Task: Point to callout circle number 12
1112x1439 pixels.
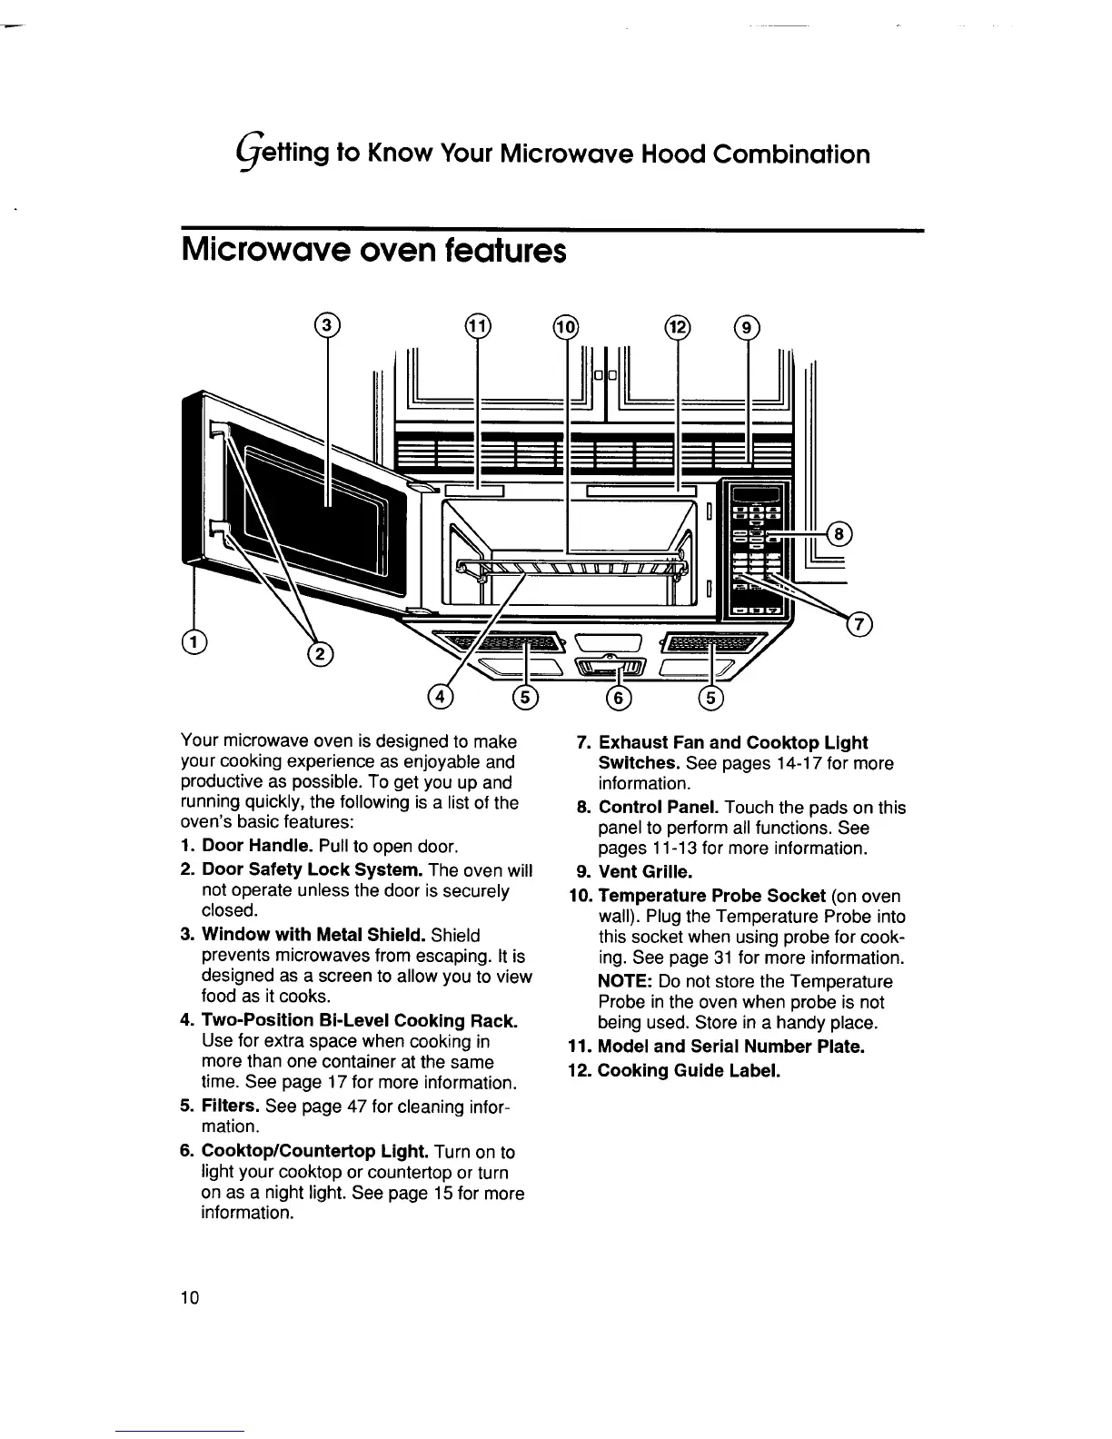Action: [x=678, y=325]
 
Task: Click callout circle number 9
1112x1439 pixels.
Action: [x=747, y=325]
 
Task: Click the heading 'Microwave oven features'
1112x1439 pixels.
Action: [x=373, y=250]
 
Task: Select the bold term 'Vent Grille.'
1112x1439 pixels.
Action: [x=645, y=872]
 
